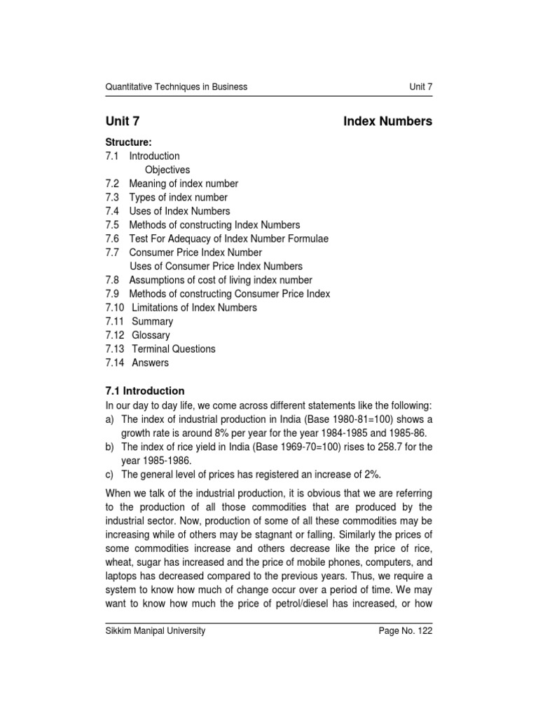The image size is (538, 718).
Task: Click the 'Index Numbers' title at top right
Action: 387,122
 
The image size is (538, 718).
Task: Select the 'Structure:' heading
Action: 129,142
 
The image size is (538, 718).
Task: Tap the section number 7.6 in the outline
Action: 113,238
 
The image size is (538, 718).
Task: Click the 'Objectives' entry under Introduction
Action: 167,170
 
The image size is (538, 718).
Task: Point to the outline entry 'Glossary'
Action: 151,335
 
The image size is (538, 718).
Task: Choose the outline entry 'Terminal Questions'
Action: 174,348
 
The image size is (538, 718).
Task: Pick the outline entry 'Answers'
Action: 151,363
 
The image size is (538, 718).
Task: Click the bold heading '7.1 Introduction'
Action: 145,391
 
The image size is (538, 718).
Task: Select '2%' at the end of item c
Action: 372,473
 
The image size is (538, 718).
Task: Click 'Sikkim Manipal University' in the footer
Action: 156,631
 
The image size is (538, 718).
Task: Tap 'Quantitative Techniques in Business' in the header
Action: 176,87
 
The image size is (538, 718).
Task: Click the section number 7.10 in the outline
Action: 115,307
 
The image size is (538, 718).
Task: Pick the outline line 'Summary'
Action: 152,321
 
